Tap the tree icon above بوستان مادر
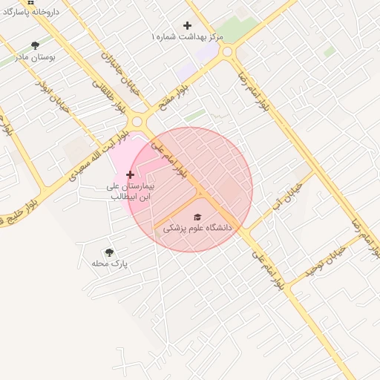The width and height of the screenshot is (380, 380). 35,45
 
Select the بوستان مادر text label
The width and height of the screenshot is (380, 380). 50,56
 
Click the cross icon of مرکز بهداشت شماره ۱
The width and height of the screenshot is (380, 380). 187,25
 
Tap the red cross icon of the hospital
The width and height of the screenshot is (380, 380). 131,174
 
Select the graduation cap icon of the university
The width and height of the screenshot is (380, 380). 197,217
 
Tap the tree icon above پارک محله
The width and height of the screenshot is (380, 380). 110,252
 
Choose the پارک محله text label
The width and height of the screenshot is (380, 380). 110,263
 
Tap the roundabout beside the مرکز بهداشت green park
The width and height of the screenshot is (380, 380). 227,52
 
